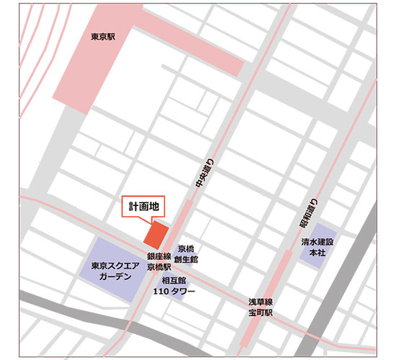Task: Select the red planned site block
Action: (156, 235)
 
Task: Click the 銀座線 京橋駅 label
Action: (159, 261)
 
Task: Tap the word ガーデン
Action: (111, 277)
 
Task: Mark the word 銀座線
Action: (159, 256)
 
